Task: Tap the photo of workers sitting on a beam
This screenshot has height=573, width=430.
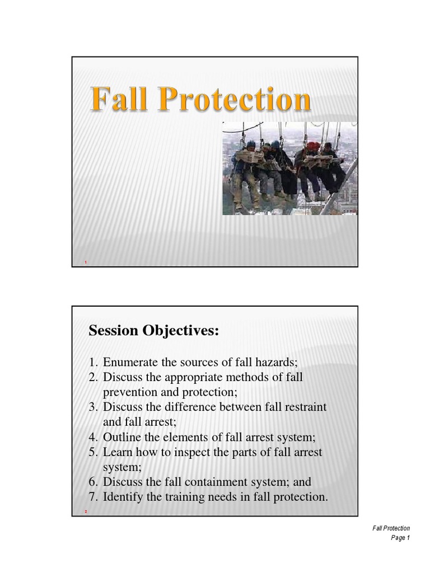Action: click(x=290, y=168)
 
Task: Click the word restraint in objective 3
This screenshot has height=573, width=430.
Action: click(x=305, y=407)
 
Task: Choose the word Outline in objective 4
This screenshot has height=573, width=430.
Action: click(x=121, y=437)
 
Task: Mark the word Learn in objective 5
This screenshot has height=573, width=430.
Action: click(x=117, y=452)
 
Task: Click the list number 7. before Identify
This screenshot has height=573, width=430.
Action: click(x=94, y=496)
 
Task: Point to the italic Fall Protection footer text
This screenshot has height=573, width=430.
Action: click(x=391, y=528)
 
